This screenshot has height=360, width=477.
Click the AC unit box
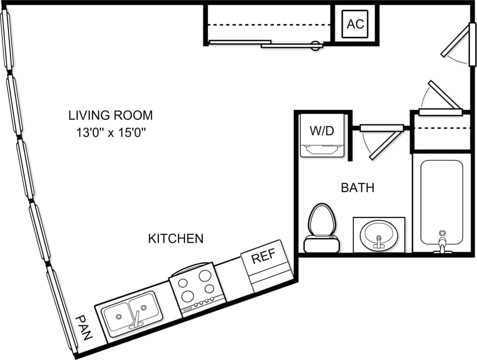[x=355, y=24]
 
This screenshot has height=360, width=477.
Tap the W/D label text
[x=321, y=132]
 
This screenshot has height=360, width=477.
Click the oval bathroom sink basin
[x=379, y=234]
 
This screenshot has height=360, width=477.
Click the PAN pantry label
[x=85, y=328]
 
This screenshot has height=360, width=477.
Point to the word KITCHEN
[x=176, y=239]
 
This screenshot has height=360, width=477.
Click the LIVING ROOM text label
[x=110, y=116]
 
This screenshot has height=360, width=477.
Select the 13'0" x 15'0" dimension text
[x=110, y=133]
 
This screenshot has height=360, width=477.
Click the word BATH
[x=357, y=188]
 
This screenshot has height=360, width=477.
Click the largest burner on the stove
[x=188, y=296]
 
